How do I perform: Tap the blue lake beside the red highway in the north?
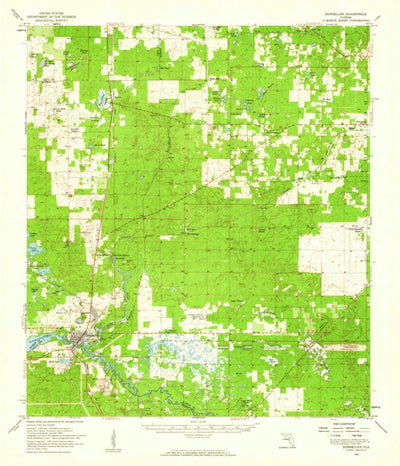click(104, 98)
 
